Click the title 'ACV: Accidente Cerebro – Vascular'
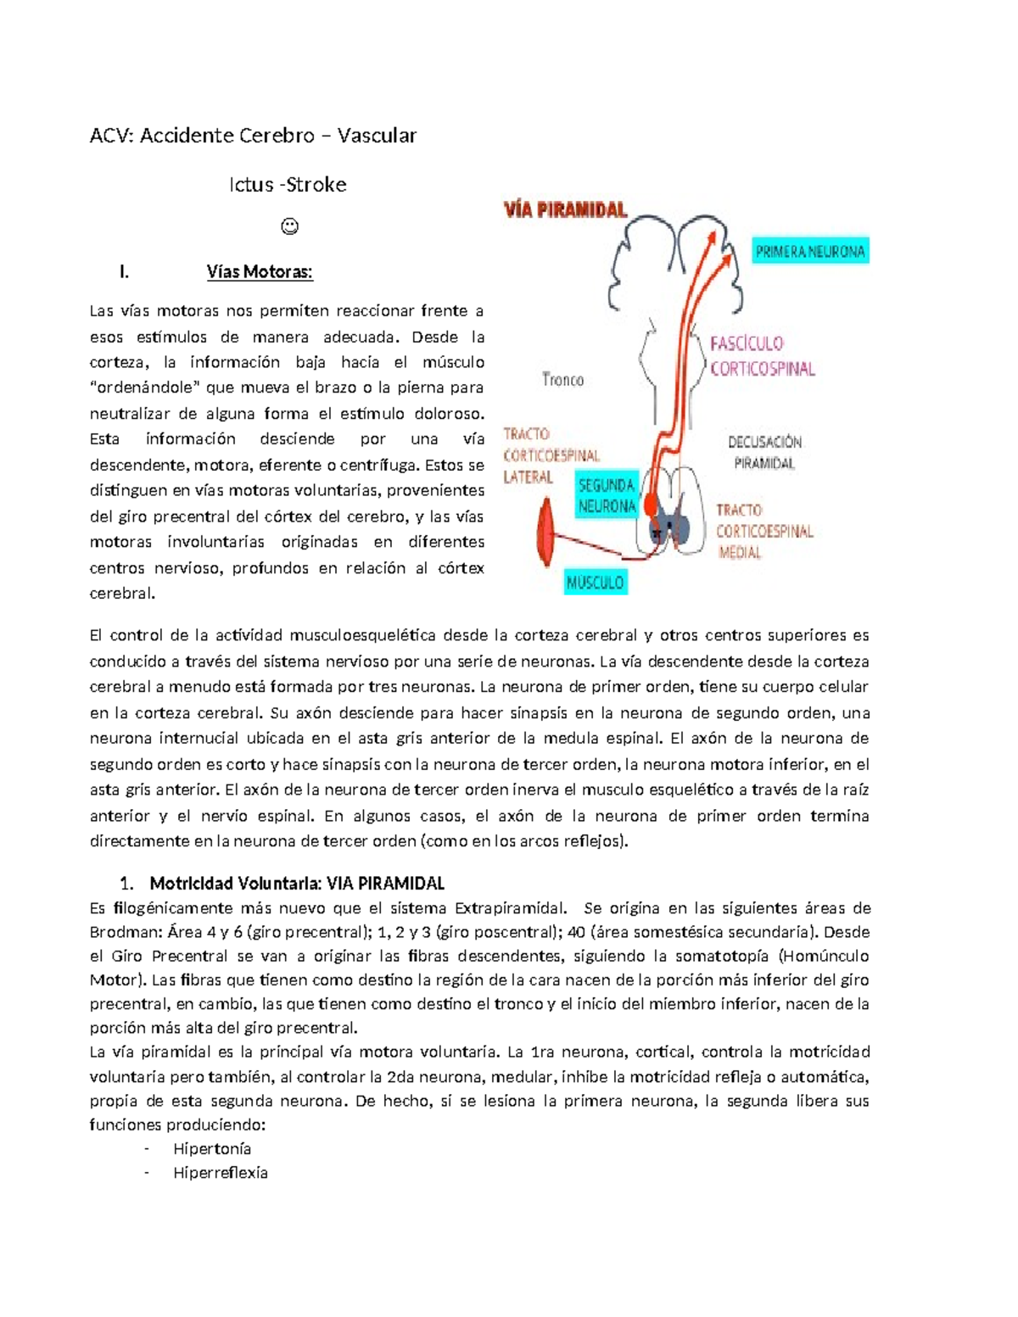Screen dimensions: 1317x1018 [x=253, y=136]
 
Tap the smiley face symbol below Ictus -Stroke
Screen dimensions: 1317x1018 [x=289, y=226]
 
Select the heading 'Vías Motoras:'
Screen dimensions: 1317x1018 [x=260, y=272]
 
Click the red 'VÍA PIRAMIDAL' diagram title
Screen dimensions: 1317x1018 [x=566, y=209]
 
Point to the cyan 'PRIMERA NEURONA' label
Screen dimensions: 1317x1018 [x=810, y=252]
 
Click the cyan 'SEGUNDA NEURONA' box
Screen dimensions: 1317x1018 [x=606, y=496]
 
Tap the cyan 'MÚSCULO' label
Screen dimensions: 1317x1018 [x=596, y=583]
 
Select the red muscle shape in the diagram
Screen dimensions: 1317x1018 [x=545, y=533]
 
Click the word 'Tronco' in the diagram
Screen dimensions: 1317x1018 [x=562, y=380]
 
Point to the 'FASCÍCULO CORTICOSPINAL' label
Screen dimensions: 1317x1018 [x=761, y=356]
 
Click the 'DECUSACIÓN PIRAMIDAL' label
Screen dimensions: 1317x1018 [x=764, y=453]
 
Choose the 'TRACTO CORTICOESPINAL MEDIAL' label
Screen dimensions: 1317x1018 [x=763, y=532]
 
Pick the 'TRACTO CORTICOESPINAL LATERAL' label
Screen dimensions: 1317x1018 [x=549, y=456]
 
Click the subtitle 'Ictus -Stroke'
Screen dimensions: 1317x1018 [x=288, y=185]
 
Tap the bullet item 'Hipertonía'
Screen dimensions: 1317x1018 [x=212, y=1149]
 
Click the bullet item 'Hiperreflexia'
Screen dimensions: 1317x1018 [x=221, y=1173]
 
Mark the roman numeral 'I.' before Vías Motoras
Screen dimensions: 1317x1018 [x=125, y=272]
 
